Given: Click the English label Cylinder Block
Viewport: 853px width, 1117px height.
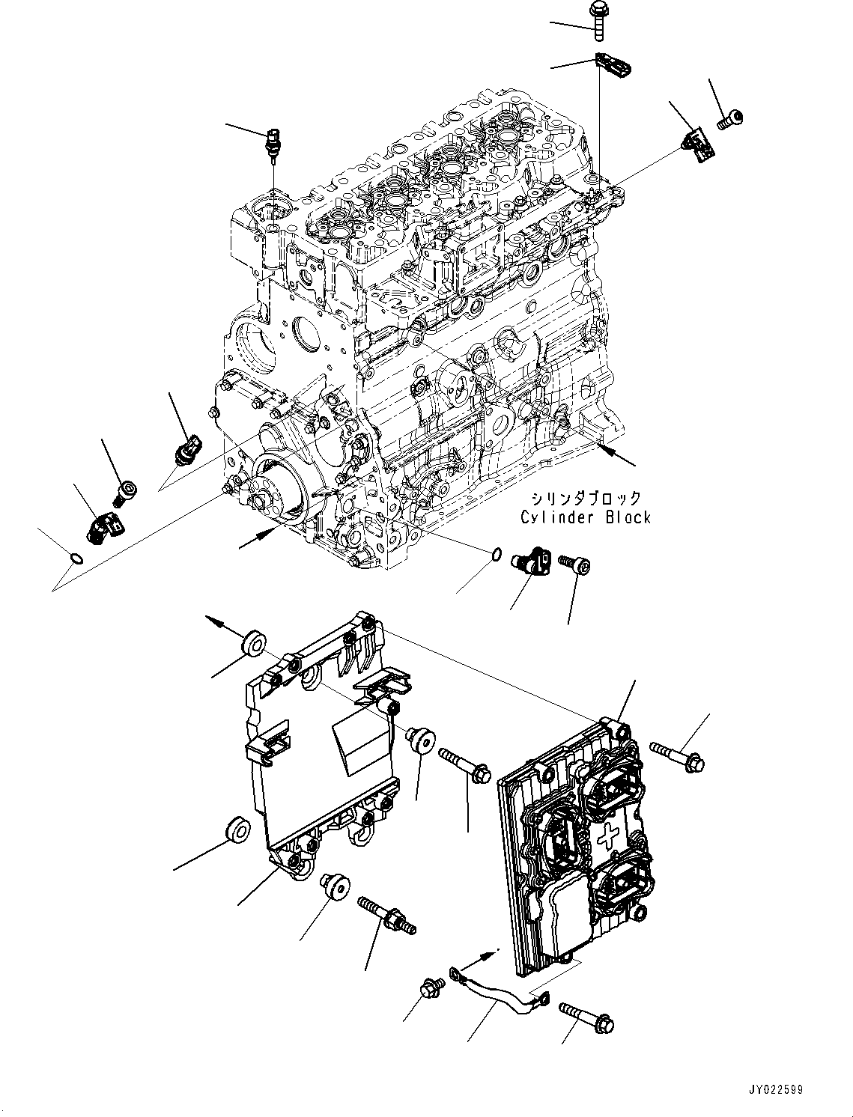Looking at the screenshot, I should [x=586, y=517].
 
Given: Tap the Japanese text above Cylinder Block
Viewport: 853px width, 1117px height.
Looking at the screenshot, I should [x=586, y=499].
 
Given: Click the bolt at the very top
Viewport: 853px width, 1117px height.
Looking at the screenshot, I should [x=599, y=17].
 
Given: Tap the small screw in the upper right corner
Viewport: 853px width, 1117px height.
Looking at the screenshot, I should [x=730, y=118].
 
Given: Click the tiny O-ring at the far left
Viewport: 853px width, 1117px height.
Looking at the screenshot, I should [x=73, y=556].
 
